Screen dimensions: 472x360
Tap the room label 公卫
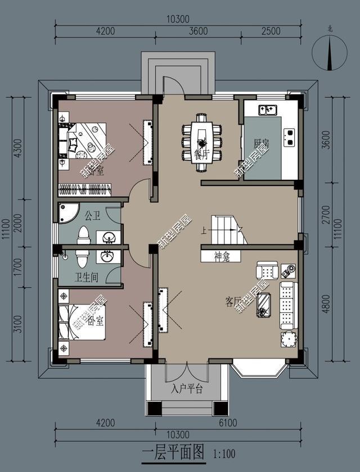click(x=92, y=215)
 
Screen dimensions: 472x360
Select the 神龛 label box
click(x=220, y=256)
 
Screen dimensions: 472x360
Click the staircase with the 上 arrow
click(x=228, y=229)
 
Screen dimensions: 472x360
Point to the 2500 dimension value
click(x=271, y=31)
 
